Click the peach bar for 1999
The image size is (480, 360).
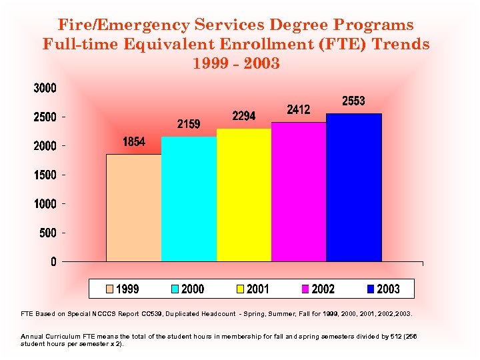click(x=134, y=207)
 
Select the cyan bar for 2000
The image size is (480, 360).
click(x=189, y=199)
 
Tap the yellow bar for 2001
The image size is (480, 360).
click(x=243, y=195)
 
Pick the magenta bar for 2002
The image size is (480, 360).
click(x=298, y=191)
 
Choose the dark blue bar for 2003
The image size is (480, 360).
click(x=353, y=187)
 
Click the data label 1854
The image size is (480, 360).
click(x=134, y=142)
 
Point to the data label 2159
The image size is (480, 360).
click(x=189, y=124)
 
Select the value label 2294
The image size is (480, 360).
click(x=243, y=116)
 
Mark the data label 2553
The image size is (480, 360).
click(x=353, y=101)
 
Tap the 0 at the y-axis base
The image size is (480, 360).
click(x=53, y=261)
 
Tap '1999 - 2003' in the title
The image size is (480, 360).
click(x=236, y=64)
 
